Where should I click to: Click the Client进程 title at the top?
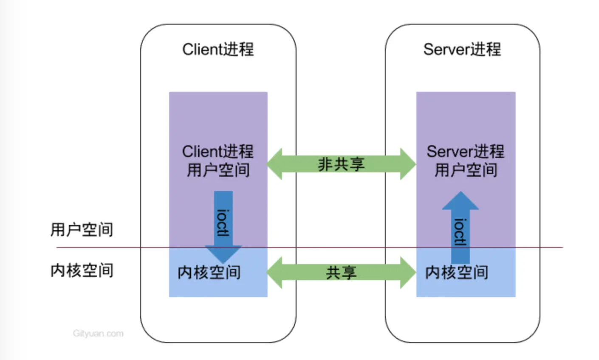click(x=218, y=49)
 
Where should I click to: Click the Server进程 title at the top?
click(x=462, y=49)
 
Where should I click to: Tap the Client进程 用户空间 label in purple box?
click(x=218, y=160)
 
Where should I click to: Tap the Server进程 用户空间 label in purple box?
click(x=465, y=160)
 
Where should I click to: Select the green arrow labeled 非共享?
click(x=341, y=164)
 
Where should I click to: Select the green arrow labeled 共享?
click(x=341, y=273)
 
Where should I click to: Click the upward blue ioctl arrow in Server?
click(x=460, y=229)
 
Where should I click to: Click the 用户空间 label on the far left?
click(x=82, y=230)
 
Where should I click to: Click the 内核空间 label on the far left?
click(x=82, y=270)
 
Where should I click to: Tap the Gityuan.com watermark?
click(x=98, y=334)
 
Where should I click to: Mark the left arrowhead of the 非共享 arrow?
click(x=275, y=164)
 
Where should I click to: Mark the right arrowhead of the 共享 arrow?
click(x=408, y=273)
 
